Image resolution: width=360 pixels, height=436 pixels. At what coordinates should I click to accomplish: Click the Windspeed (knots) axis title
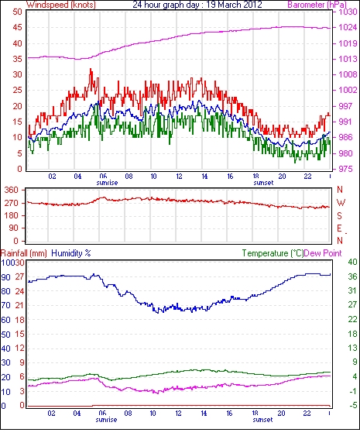60,5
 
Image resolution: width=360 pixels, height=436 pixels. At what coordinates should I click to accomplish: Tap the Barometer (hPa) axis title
317,5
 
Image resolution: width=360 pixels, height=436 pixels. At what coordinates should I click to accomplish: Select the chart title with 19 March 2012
197,5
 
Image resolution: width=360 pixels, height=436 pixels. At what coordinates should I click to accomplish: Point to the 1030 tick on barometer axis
348,12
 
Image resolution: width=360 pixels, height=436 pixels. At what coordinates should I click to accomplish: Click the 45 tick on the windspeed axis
17,28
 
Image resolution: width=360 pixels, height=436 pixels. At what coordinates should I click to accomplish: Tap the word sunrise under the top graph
107,183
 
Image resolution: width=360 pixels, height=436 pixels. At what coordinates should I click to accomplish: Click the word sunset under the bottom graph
262,419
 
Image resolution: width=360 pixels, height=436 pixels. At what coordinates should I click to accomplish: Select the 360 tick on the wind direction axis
12,191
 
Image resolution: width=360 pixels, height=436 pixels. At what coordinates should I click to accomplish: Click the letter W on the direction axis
341,203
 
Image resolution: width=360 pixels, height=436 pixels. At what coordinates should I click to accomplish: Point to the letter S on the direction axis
339,215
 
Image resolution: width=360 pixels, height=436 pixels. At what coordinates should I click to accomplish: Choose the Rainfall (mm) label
24,253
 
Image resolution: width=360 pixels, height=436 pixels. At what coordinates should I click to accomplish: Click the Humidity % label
71,253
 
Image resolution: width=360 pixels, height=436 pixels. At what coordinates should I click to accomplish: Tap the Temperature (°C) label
273,253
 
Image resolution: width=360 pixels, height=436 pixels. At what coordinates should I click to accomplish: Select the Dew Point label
323,253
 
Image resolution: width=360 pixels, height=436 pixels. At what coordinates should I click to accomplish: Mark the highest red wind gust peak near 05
91,69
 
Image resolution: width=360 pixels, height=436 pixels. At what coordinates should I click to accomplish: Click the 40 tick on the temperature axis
352,262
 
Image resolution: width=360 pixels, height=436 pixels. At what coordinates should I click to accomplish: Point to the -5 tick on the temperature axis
353,406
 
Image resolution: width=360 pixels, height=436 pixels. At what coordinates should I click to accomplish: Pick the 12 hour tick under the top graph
180,177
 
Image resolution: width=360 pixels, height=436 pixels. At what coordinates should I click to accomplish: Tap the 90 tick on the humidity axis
5,277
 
